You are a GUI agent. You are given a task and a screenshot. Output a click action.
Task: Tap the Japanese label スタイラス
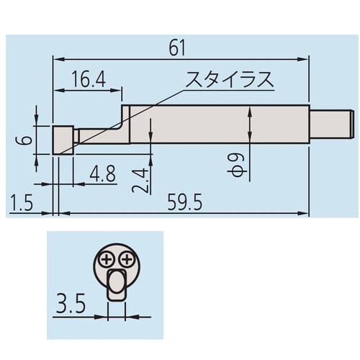230,79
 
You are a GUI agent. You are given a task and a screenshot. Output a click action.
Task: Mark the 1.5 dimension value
23,204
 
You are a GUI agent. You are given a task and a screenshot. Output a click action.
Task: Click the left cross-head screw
107,259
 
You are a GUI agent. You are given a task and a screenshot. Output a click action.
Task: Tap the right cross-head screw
127,259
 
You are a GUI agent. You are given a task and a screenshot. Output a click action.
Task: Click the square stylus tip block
63,140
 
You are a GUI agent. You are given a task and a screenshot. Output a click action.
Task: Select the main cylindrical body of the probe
216,124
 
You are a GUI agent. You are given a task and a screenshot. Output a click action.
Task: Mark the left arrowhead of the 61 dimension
57,59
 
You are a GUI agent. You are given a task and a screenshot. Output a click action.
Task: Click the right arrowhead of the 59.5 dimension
306,213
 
